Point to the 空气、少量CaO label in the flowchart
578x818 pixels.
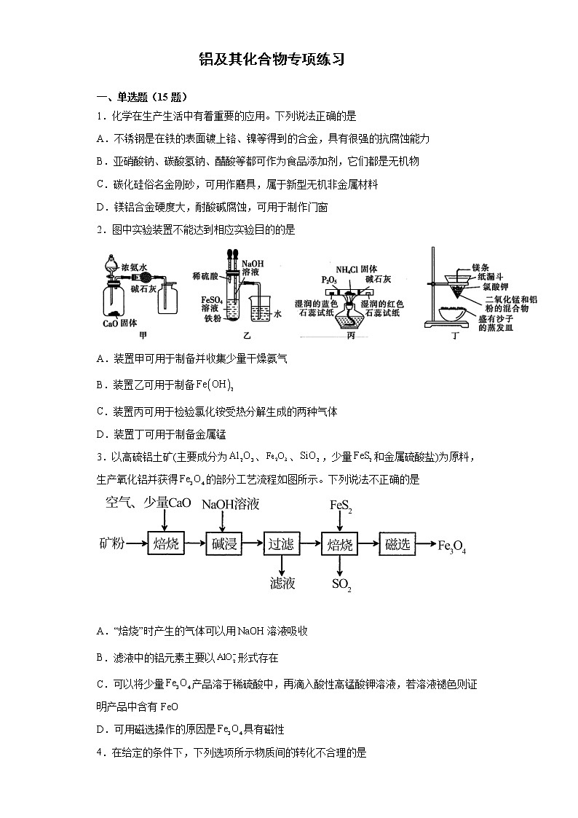coord(148,503)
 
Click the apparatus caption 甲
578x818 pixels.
coord(143,335)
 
